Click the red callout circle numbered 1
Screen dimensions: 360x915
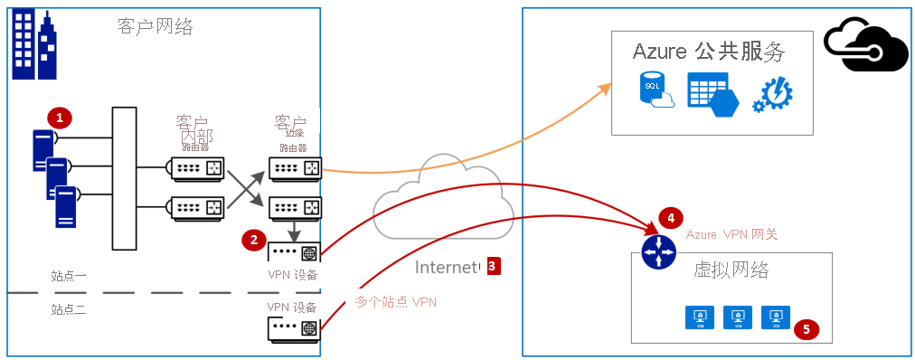[x=60, y=118]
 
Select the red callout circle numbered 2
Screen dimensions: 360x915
[x=254, y=240]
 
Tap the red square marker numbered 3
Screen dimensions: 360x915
[x=492, y=266]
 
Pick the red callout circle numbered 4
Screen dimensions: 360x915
[x=670, y=218]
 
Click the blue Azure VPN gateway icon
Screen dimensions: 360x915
[x=658, y=251]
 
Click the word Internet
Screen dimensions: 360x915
[x=446, y=267]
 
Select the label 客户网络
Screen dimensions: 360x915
[x=155, y=27]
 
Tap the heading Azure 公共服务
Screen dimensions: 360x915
[x=708, y=52]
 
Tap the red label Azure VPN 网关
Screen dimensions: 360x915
[x=731, y=234]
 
